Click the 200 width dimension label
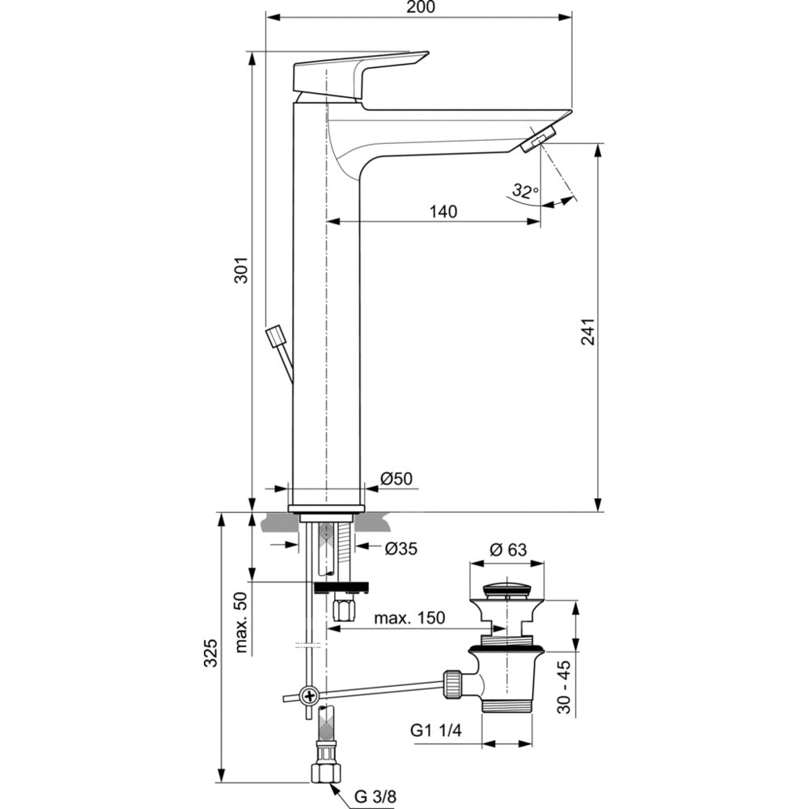tap(420, 7)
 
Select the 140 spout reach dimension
tap(443, 211)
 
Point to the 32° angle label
tap(525, 192)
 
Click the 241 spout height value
tap(588, 332)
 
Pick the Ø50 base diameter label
tap(396, 478)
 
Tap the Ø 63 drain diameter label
tap(508, 549)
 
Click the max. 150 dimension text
tap(409, 618)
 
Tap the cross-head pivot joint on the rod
tap(308, 694)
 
